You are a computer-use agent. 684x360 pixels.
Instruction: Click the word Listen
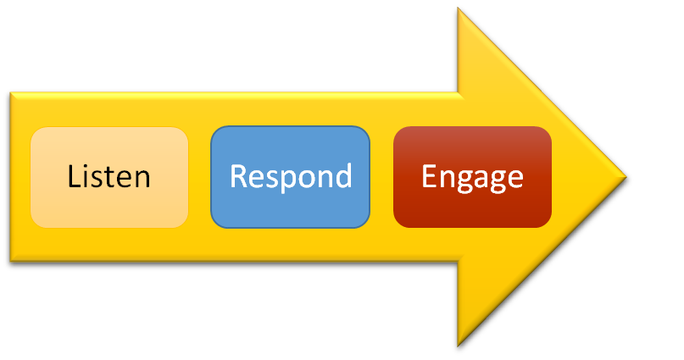pos(109,177)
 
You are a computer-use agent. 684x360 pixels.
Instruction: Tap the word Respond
pos(291,177)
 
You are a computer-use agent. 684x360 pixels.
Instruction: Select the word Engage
pos(472,177)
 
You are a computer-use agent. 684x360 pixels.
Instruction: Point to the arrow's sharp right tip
pos(630,178)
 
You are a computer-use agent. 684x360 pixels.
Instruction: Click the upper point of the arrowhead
pos(459,11)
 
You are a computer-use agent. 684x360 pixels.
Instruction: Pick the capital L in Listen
pos(74,177)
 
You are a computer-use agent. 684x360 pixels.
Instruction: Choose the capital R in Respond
pos(239,176)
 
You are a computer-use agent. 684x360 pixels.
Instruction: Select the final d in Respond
pos(342,176)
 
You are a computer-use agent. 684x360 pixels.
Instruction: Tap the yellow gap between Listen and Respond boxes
pos(199,177)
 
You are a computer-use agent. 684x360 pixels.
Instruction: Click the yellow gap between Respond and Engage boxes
pos(382,177)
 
